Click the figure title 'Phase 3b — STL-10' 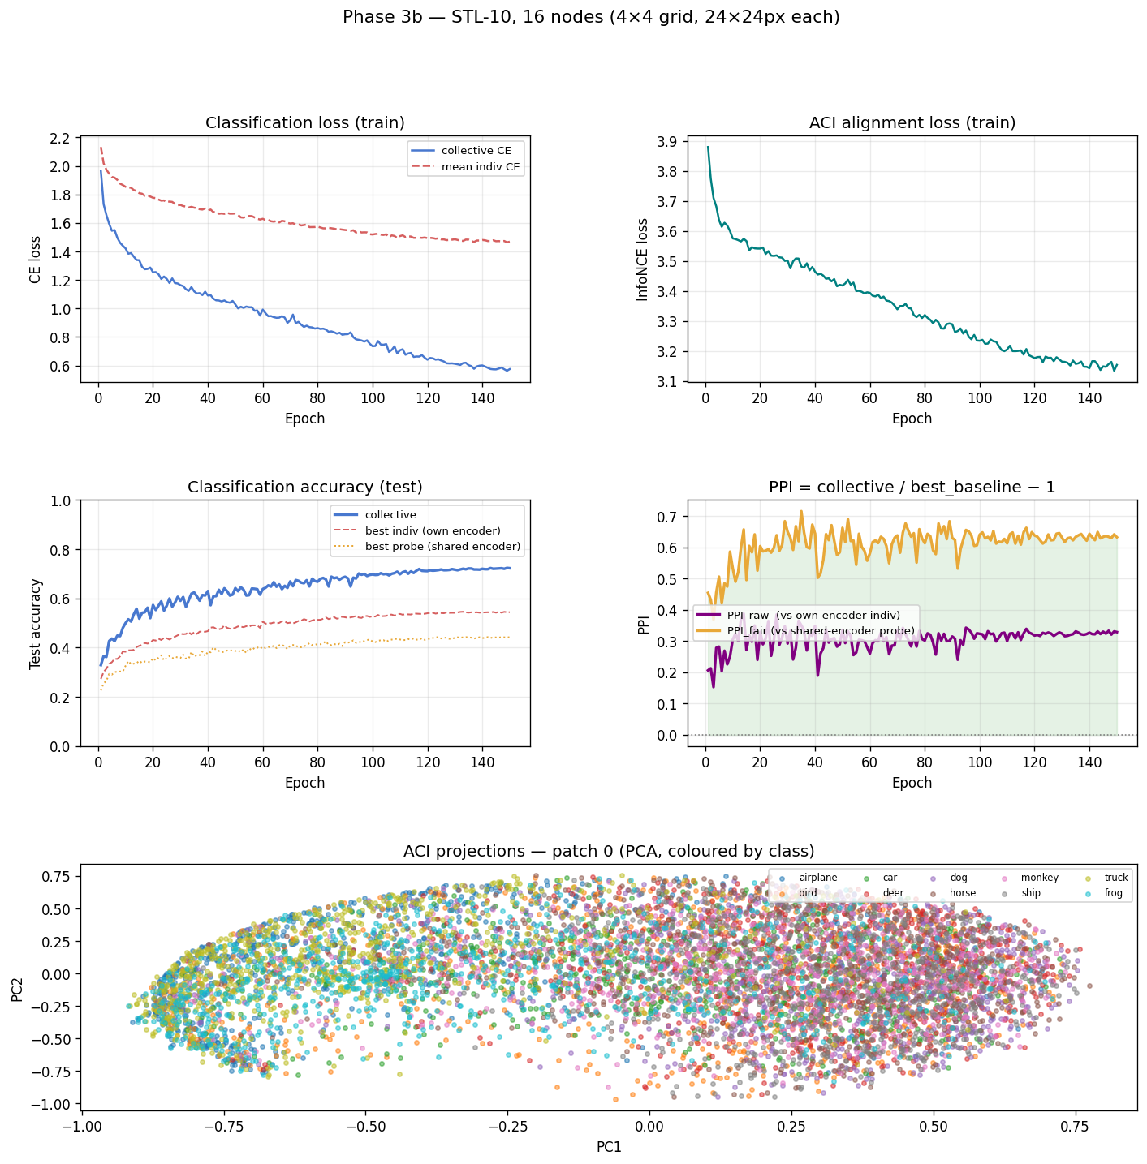coord(591,17)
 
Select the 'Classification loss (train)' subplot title coord(305,123)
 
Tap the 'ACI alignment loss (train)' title coord(912,123)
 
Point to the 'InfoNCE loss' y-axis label coord(643,260)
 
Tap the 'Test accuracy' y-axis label coord(36,624)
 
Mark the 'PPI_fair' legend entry coord(821,630)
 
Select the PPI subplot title coord(912,488)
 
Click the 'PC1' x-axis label coord(609,1147)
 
